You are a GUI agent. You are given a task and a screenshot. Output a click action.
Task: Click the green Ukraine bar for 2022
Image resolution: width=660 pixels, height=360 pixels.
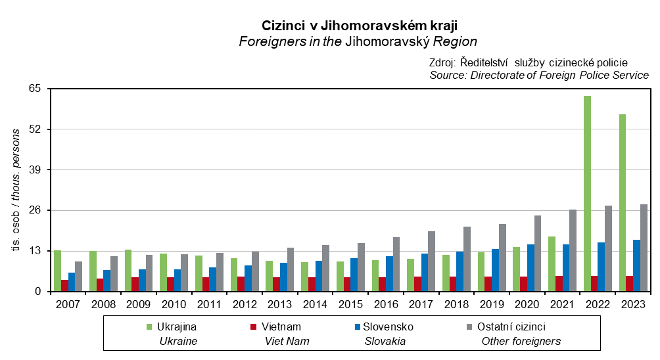587,194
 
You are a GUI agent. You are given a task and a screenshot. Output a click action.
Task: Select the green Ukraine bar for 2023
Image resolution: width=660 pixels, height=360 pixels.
623,203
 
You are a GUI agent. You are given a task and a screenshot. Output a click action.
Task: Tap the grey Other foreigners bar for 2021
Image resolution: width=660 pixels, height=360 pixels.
573,250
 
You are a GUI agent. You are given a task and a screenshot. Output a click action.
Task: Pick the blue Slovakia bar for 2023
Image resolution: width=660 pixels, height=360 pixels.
637,265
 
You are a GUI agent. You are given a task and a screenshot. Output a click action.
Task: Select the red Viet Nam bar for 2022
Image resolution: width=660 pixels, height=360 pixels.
594,284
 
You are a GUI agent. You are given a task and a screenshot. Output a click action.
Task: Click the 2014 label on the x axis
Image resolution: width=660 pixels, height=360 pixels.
315,304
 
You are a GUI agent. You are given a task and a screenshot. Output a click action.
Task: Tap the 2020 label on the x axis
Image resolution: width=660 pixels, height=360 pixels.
527,304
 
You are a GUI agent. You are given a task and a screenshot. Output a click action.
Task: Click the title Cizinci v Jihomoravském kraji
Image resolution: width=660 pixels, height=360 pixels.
359,25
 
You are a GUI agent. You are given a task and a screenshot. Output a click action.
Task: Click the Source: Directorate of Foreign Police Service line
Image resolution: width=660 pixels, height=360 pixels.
538,76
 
